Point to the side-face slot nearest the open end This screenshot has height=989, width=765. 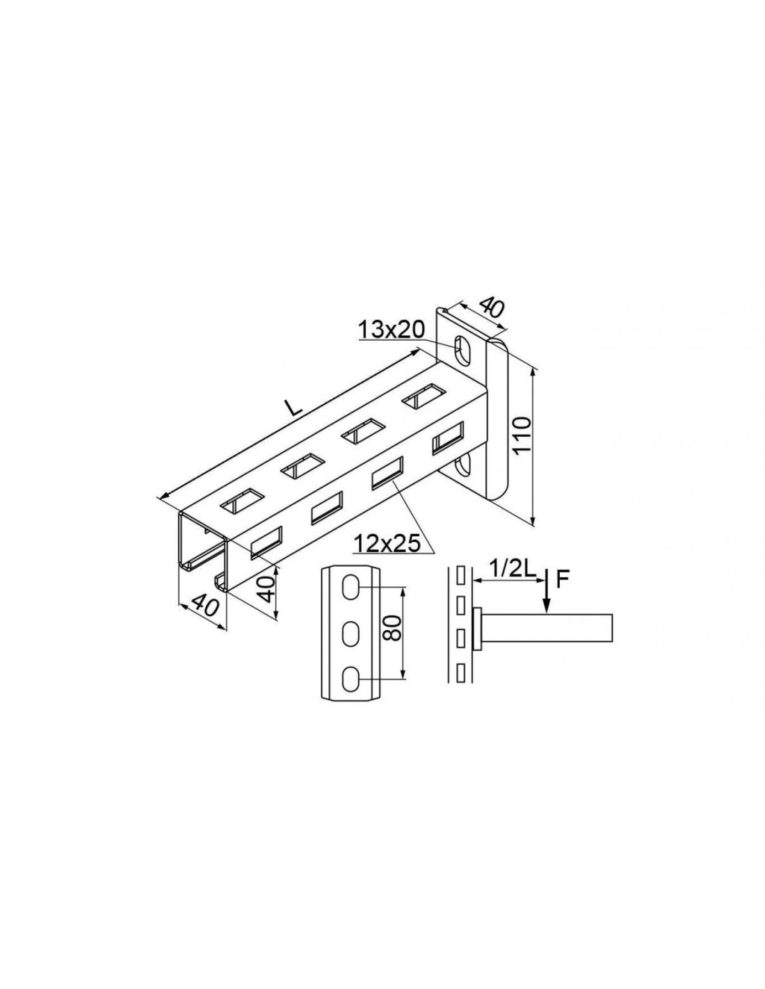pyautogui.click(x=266, y=542)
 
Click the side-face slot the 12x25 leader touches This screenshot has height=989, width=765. pyautogui.click(x=388, y=474)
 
